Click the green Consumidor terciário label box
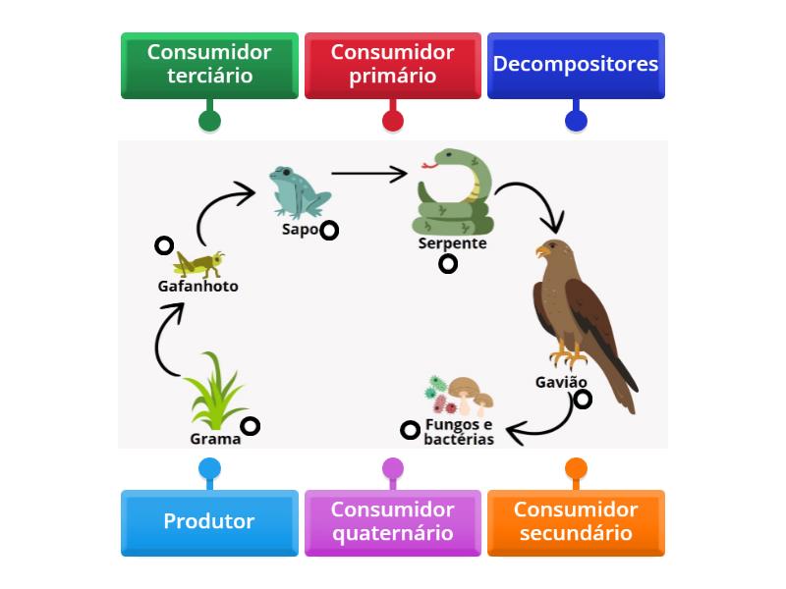[209, 65]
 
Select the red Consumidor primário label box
[392, 65]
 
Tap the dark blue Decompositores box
[576, 65]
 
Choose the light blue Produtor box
[209, 522]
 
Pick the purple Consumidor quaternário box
[392, 522]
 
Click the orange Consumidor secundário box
[576, 522]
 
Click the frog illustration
[298, 191]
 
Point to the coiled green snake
[453, 191]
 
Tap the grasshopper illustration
[199, 262]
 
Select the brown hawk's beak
[541, 252]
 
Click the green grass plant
[215, 393]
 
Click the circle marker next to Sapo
[330, 231]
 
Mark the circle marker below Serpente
[448, 263]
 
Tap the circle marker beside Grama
[251, 426]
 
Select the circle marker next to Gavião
[583, 399]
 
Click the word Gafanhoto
[197, 287]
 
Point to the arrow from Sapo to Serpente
[368, 175]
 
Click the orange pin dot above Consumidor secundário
[576, 468]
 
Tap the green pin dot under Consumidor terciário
[209, 121]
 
